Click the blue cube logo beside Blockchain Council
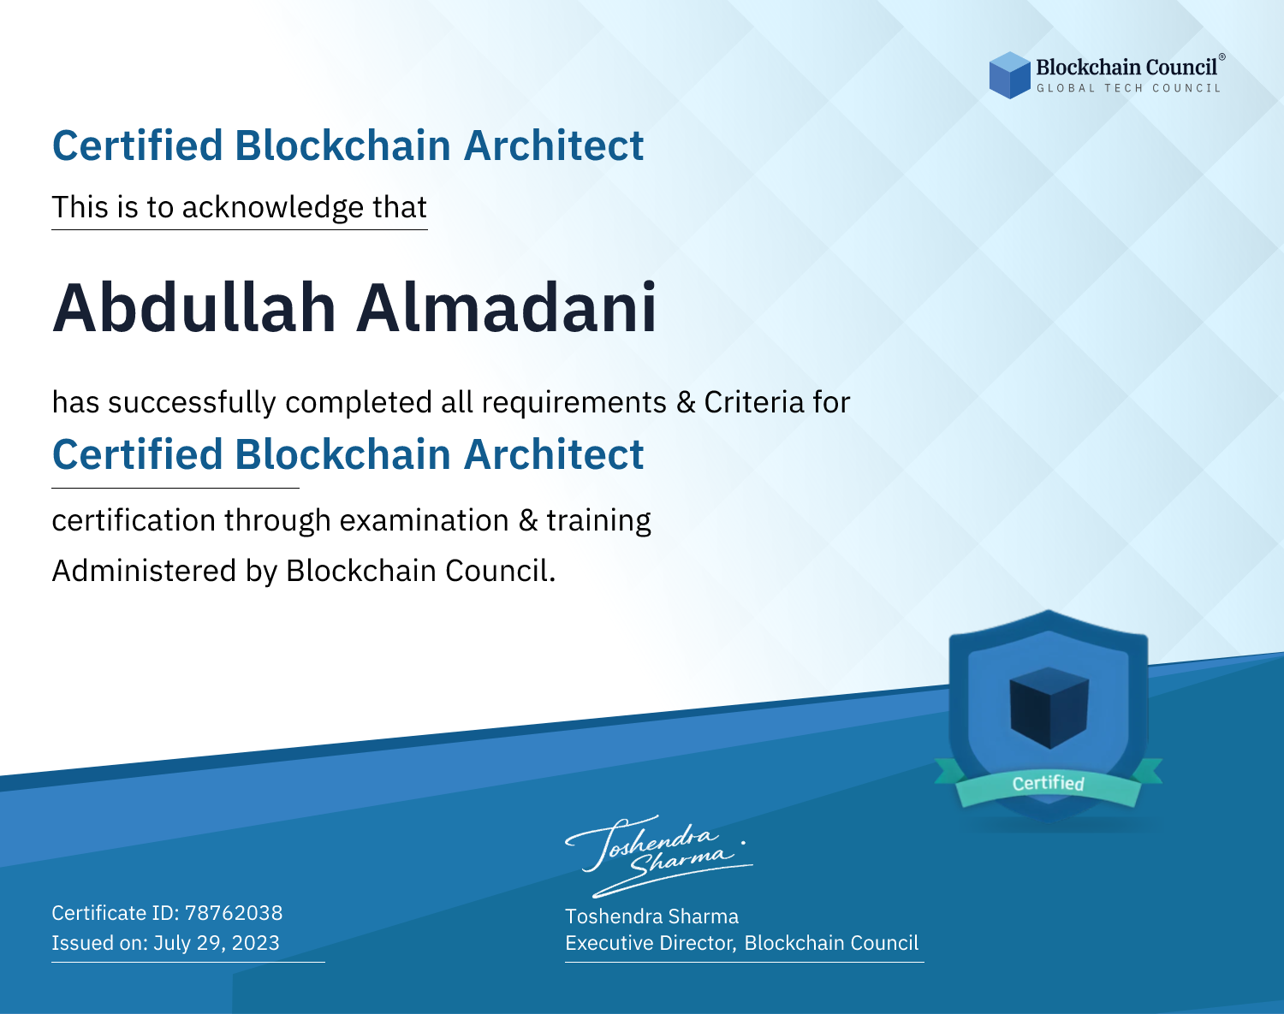tap(1009, 75)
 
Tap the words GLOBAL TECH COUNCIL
tap(1129, 88)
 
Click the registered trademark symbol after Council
tap(1222, 57)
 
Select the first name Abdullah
tap(194, 308)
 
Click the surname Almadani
tap(507, 308)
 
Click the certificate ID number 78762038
tap(234, 913)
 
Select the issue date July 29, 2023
tap(217, 943)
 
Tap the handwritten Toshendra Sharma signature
tap(658, 856)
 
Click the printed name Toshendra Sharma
tap(652, 916)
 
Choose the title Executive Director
tap(649, 943)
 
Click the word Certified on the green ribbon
tap(1049, 783)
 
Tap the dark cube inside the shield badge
tap(1049, 708)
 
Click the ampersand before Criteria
tap(686, 402)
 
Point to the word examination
tap(425, 520)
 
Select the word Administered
tap(145, 571)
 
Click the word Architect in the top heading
tap(554, 145)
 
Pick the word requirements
tap(574, 403)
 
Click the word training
tap(599, 521)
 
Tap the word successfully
tap(192, 403)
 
